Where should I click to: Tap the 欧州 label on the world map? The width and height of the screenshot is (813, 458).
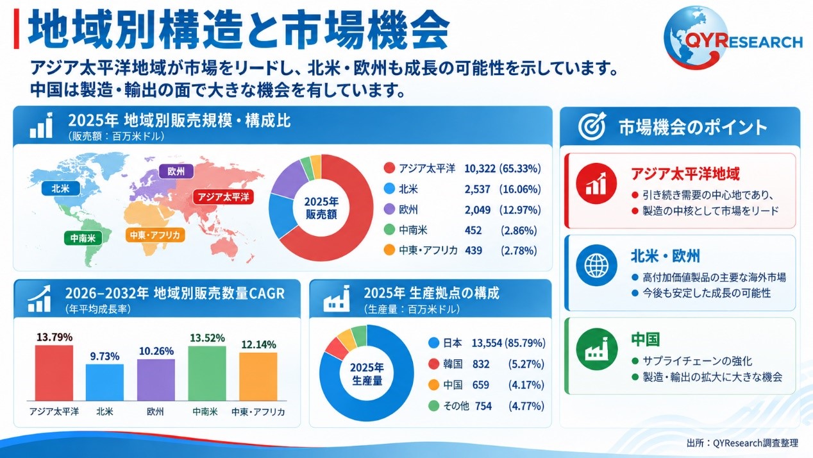176,171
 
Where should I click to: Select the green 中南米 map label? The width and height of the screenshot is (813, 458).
83,238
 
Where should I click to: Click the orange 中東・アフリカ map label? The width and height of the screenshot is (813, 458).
155,235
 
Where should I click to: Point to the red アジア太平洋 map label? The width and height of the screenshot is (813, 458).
223,197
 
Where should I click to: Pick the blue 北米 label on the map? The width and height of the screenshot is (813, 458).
61,189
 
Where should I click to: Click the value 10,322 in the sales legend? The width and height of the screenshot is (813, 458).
480,169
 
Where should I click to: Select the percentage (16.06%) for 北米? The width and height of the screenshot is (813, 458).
520,189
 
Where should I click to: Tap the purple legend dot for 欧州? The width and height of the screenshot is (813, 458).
389,209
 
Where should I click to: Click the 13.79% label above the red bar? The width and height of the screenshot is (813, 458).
54,337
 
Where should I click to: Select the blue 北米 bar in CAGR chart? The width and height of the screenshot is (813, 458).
105,382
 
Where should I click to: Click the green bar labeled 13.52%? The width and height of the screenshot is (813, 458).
207,373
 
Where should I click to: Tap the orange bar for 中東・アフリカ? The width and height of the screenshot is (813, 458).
258,377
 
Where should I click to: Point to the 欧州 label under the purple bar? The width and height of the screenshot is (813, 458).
155,412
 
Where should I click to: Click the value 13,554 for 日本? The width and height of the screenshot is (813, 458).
487,343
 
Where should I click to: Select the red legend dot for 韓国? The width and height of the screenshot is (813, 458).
433,364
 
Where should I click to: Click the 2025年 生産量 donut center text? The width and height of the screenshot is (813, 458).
367,374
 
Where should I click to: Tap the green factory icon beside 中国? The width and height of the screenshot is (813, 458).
597,349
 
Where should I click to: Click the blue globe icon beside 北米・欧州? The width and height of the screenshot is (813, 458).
597,265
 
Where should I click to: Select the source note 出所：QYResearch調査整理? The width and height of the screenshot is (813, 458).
742,443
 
